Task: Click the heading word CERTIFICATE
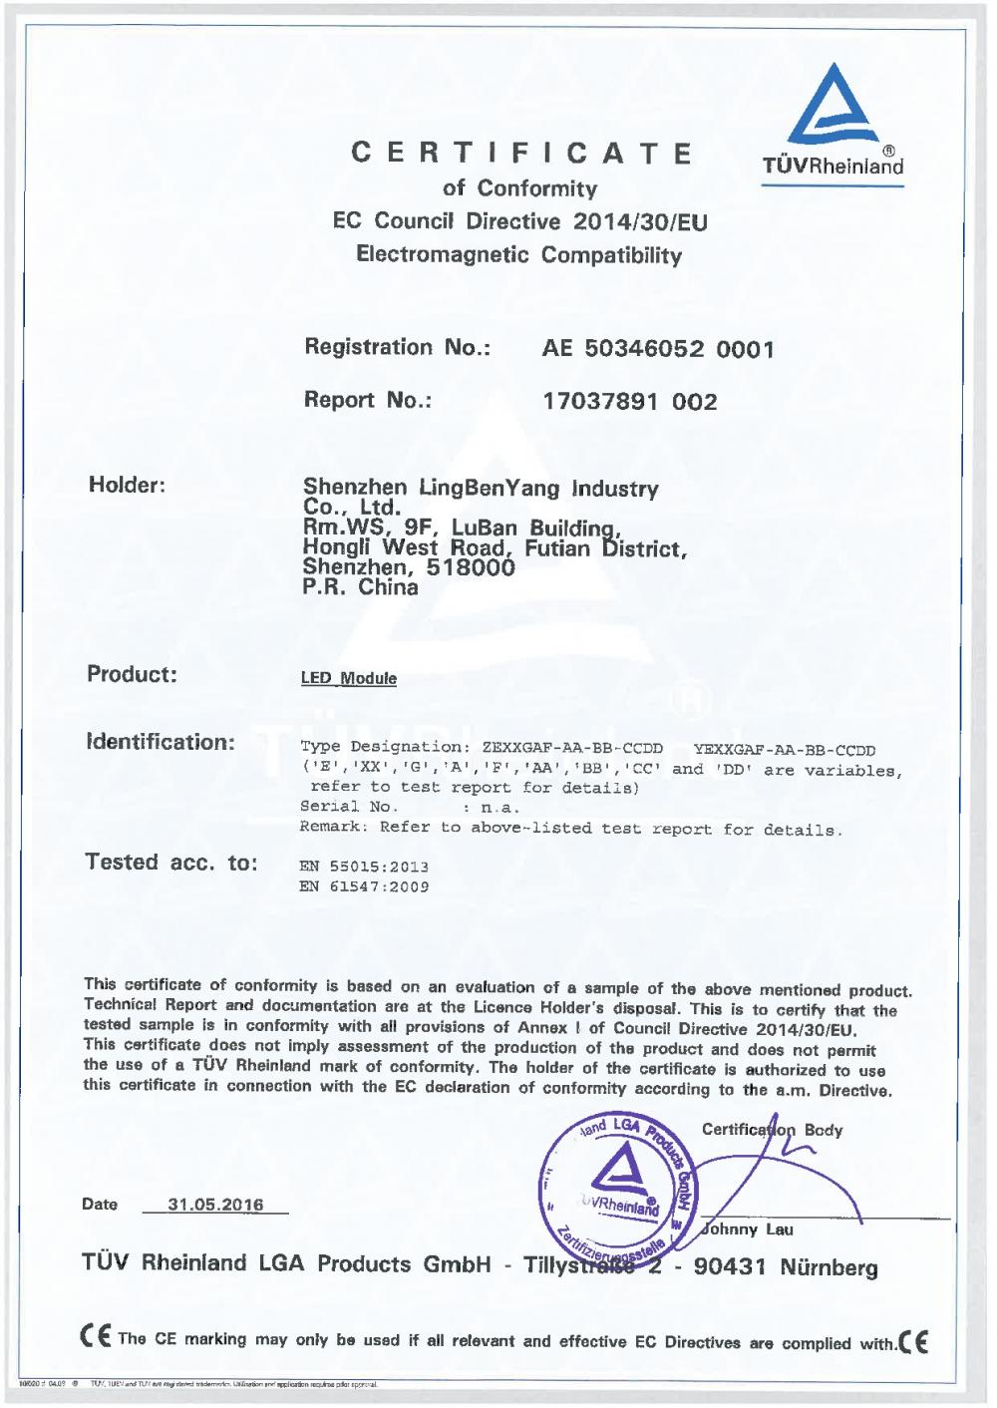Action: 522,153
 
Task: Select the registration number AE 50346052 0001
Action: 658,349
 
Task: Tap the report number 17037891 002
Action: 629,402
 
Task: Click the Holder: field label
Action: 127,486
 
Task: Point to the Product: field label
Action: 132,674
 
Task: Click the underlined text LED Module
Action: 349,679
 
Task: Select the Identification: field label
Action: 161,742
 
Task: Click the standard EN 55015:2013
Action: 364,867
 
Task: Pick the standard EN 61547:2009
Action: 364,886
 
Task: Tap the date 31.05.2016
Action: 215,1205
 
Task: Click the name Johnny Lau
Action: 748,1230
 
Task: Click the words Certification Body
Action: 772,1130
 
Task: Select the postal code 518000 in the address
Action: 471,567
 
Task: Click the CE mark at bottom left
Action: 96,1337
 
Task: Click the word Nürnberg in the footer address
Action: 829,1267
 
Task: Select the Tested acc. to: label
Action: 171,863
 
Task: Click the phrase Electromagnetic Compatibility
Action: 519,254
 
